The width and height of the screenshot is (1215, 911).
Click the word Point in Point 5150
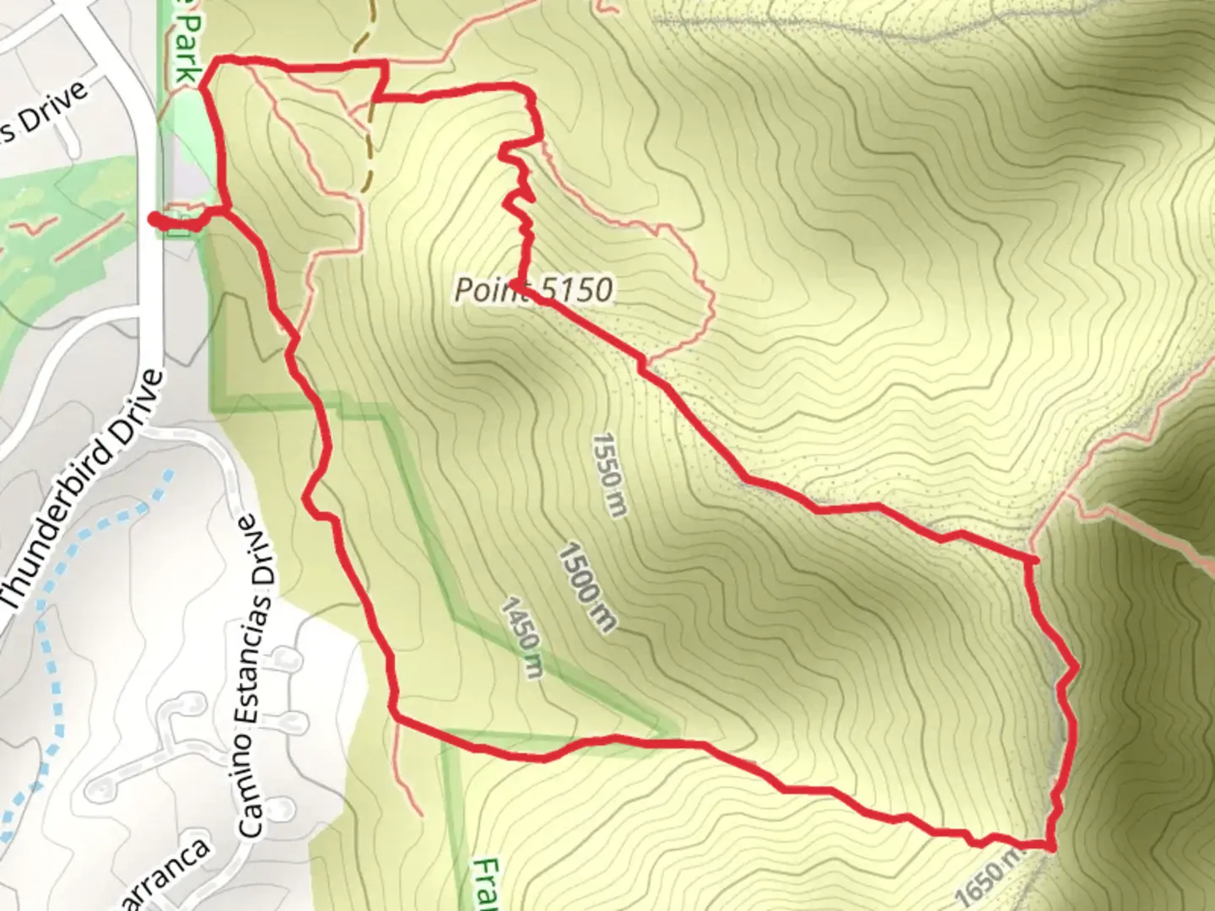[483, 289]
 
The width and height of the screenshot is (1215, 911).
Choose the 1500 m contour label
[587, 587]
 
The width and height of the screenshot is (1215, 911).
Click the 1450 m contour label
[523, 637]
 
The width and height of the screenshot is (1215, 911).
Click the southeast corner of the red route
[1050, 846]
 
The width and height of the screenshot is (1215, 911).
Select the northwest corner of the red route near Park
[214, 62]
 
